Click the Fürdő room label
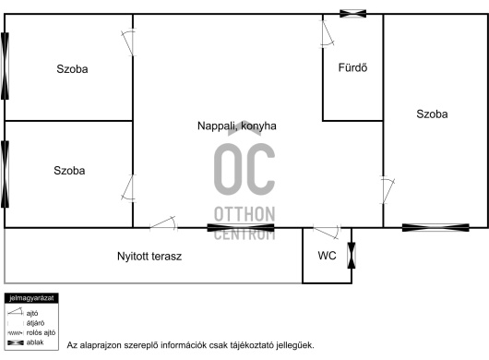pos(352,67)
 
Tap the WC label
pos(327,256)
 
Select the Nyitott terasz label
pos(149,256)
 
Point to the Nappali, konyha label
pos(237,126)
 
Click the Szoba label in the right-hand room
pos(432,114)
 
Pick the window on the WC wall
pos(352,255)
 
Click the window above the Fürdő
pos(352,14)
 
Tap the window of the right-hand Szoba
pos(435,228)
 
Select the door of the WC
pos(327,231)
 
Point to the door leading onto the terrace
pos(163,224)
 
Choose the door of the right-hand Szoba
pos(387,190)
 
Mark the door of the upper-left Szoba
pos(129,42)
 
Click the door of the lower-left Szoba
pos(129,188)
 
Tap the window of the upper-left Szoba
pos(5,66)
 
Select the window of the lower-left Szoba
pos(5,174)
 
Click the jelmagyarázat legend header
pos(31,298)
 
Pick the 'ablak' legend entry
pos(26,342)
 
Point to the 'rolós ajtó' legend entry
pos(31,333)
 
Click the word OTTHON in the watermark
pos(244,214)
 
